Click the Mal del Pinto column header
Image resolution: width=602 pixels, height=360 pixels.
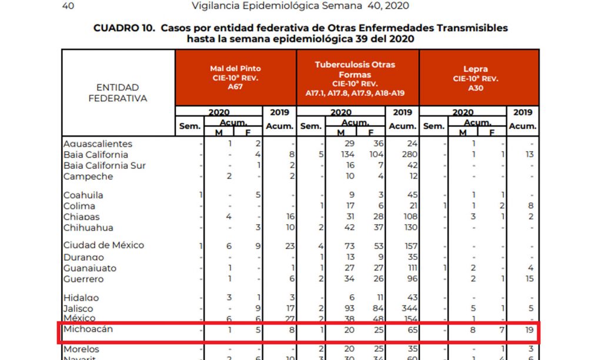(235, 77)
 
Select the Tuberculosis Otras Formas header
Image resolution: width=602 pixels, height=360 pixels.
(357, 78)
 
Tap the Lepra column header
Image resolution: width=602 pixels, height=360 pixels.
(475, 77)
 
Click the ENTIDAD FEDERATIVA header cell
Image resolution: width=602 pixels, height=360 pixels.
(118, 93)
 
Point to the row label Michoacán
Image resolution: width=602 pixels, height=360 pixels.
(88, 329)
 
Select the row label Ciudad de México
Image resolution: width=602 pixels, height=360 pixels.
(103, 245)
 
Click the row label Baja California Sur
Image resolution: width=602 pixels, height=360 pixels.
(104, 165)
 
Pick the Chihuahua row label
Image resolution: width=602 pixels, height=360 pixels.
(88, 228)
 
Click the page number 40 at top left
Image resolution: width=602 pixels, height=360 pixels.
(68, 6)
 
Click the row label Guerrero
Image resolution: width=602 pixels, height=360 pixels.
(83, 279)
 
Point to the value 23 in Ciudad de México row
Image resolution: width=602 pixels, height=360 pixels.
(289, 245)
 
